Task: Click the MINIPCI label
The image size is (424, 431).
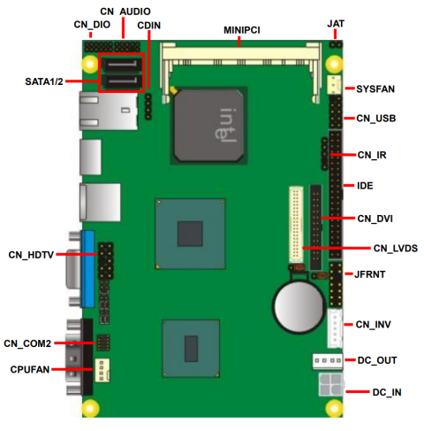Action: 242,30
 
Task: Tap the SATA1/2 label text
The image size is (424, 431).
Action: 44,81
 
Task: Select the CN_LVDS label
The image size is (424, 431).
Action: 396,249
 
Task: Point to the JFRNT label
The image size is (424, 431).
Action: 369,274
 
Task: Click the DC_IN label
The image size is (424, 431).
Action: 387,392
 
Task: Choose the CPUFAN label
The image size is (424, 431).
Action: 30,369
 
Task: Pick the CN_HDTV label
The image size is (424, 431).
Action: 31,255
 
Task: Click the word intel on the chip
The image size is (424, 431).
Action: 226,125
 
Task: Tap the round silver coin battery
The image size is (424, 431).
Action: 299,306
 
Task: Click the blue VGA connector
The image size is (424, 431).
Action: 88,269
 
